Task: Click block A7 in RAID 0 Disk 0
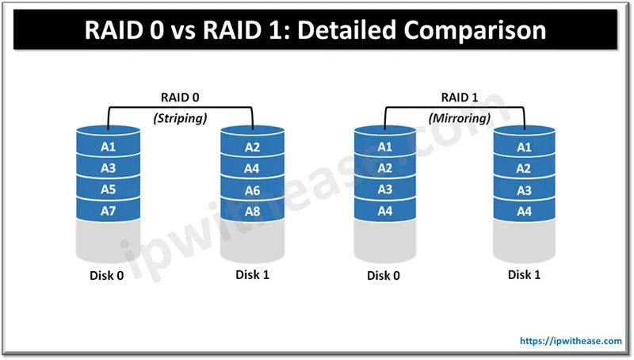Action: [x=109, y=212]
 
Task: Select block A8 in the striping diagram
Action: [x=252, y=212]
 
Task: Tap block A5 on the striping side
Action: [x=109, y=190]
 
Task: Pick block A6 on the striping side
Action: [x=252, y=190]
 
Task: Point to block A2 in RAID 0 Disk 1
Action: [x=252, y=147]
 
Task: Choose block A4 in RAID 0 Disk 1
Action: [x=252, y=168]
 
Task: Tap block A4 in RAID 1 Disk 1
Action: [x=524, y=212]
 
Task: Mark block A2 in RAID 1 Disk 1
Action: [x=524, y=168]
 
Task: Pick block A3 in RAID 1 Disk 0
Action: [x=384, y=190]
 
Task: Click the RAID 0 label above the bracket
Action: [x=181, y=99]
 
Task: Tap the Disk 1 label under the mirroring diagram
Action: [x=525, y=274]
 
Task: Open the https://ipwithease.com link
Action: [x=570, y=341]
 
